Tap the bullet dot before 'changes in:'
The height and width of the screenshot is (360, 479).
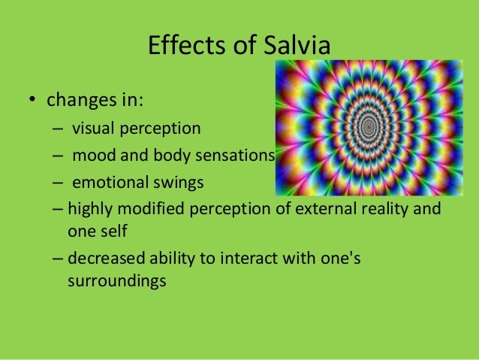(x=33, y=100)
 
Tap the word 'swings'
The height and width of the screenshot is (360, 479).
(x=179, y=183)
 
